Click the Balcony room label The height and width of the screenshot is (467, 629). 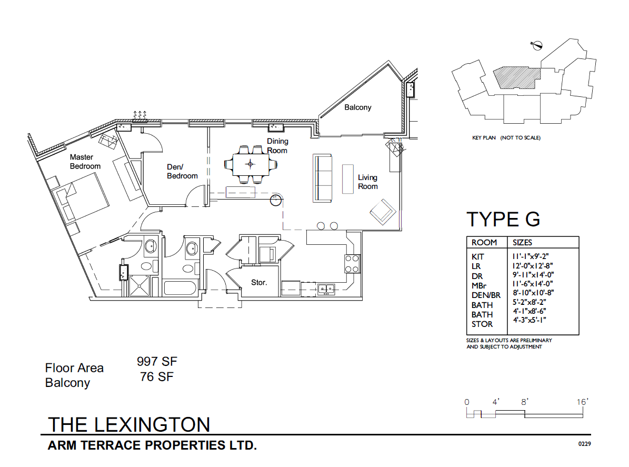[x=357, y=107]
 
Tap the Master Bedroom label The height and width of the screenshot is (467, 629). [x=85, y=162]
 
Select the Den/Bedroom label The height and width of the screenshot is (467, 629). [x=182, y=172]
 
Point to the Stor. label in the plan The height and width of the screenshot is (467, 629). [x=258, y=283]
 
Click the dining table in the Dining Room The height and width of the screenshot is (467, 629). [x=250, y=164]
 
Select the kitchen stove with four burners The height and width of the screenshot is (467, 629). [x=352, y=263]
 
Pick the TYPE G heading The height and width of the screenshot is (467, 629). [x=503, y=219]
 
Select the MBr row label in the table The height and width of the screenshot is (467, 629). [x=479, y=285]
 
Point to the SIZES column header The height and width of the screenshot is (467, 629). [x=522, y=243]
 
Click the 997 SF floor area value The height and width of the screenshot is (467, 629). [x=157, y=362]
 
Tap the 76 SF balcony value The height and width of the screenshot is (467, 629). [x=157, y=377]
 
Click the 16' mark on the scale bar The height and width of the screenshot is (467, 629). [x=582, y=402]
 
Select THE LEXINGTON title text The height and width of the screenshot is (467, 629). [x=129, y=424]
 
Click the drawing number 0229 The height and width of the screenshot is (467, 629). [x=584, y=444]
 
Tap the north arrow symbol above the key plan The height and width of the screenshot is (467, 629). [x=537, y=46]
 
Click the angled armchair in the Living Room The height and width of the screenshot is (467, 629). [x=382, y=212]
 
